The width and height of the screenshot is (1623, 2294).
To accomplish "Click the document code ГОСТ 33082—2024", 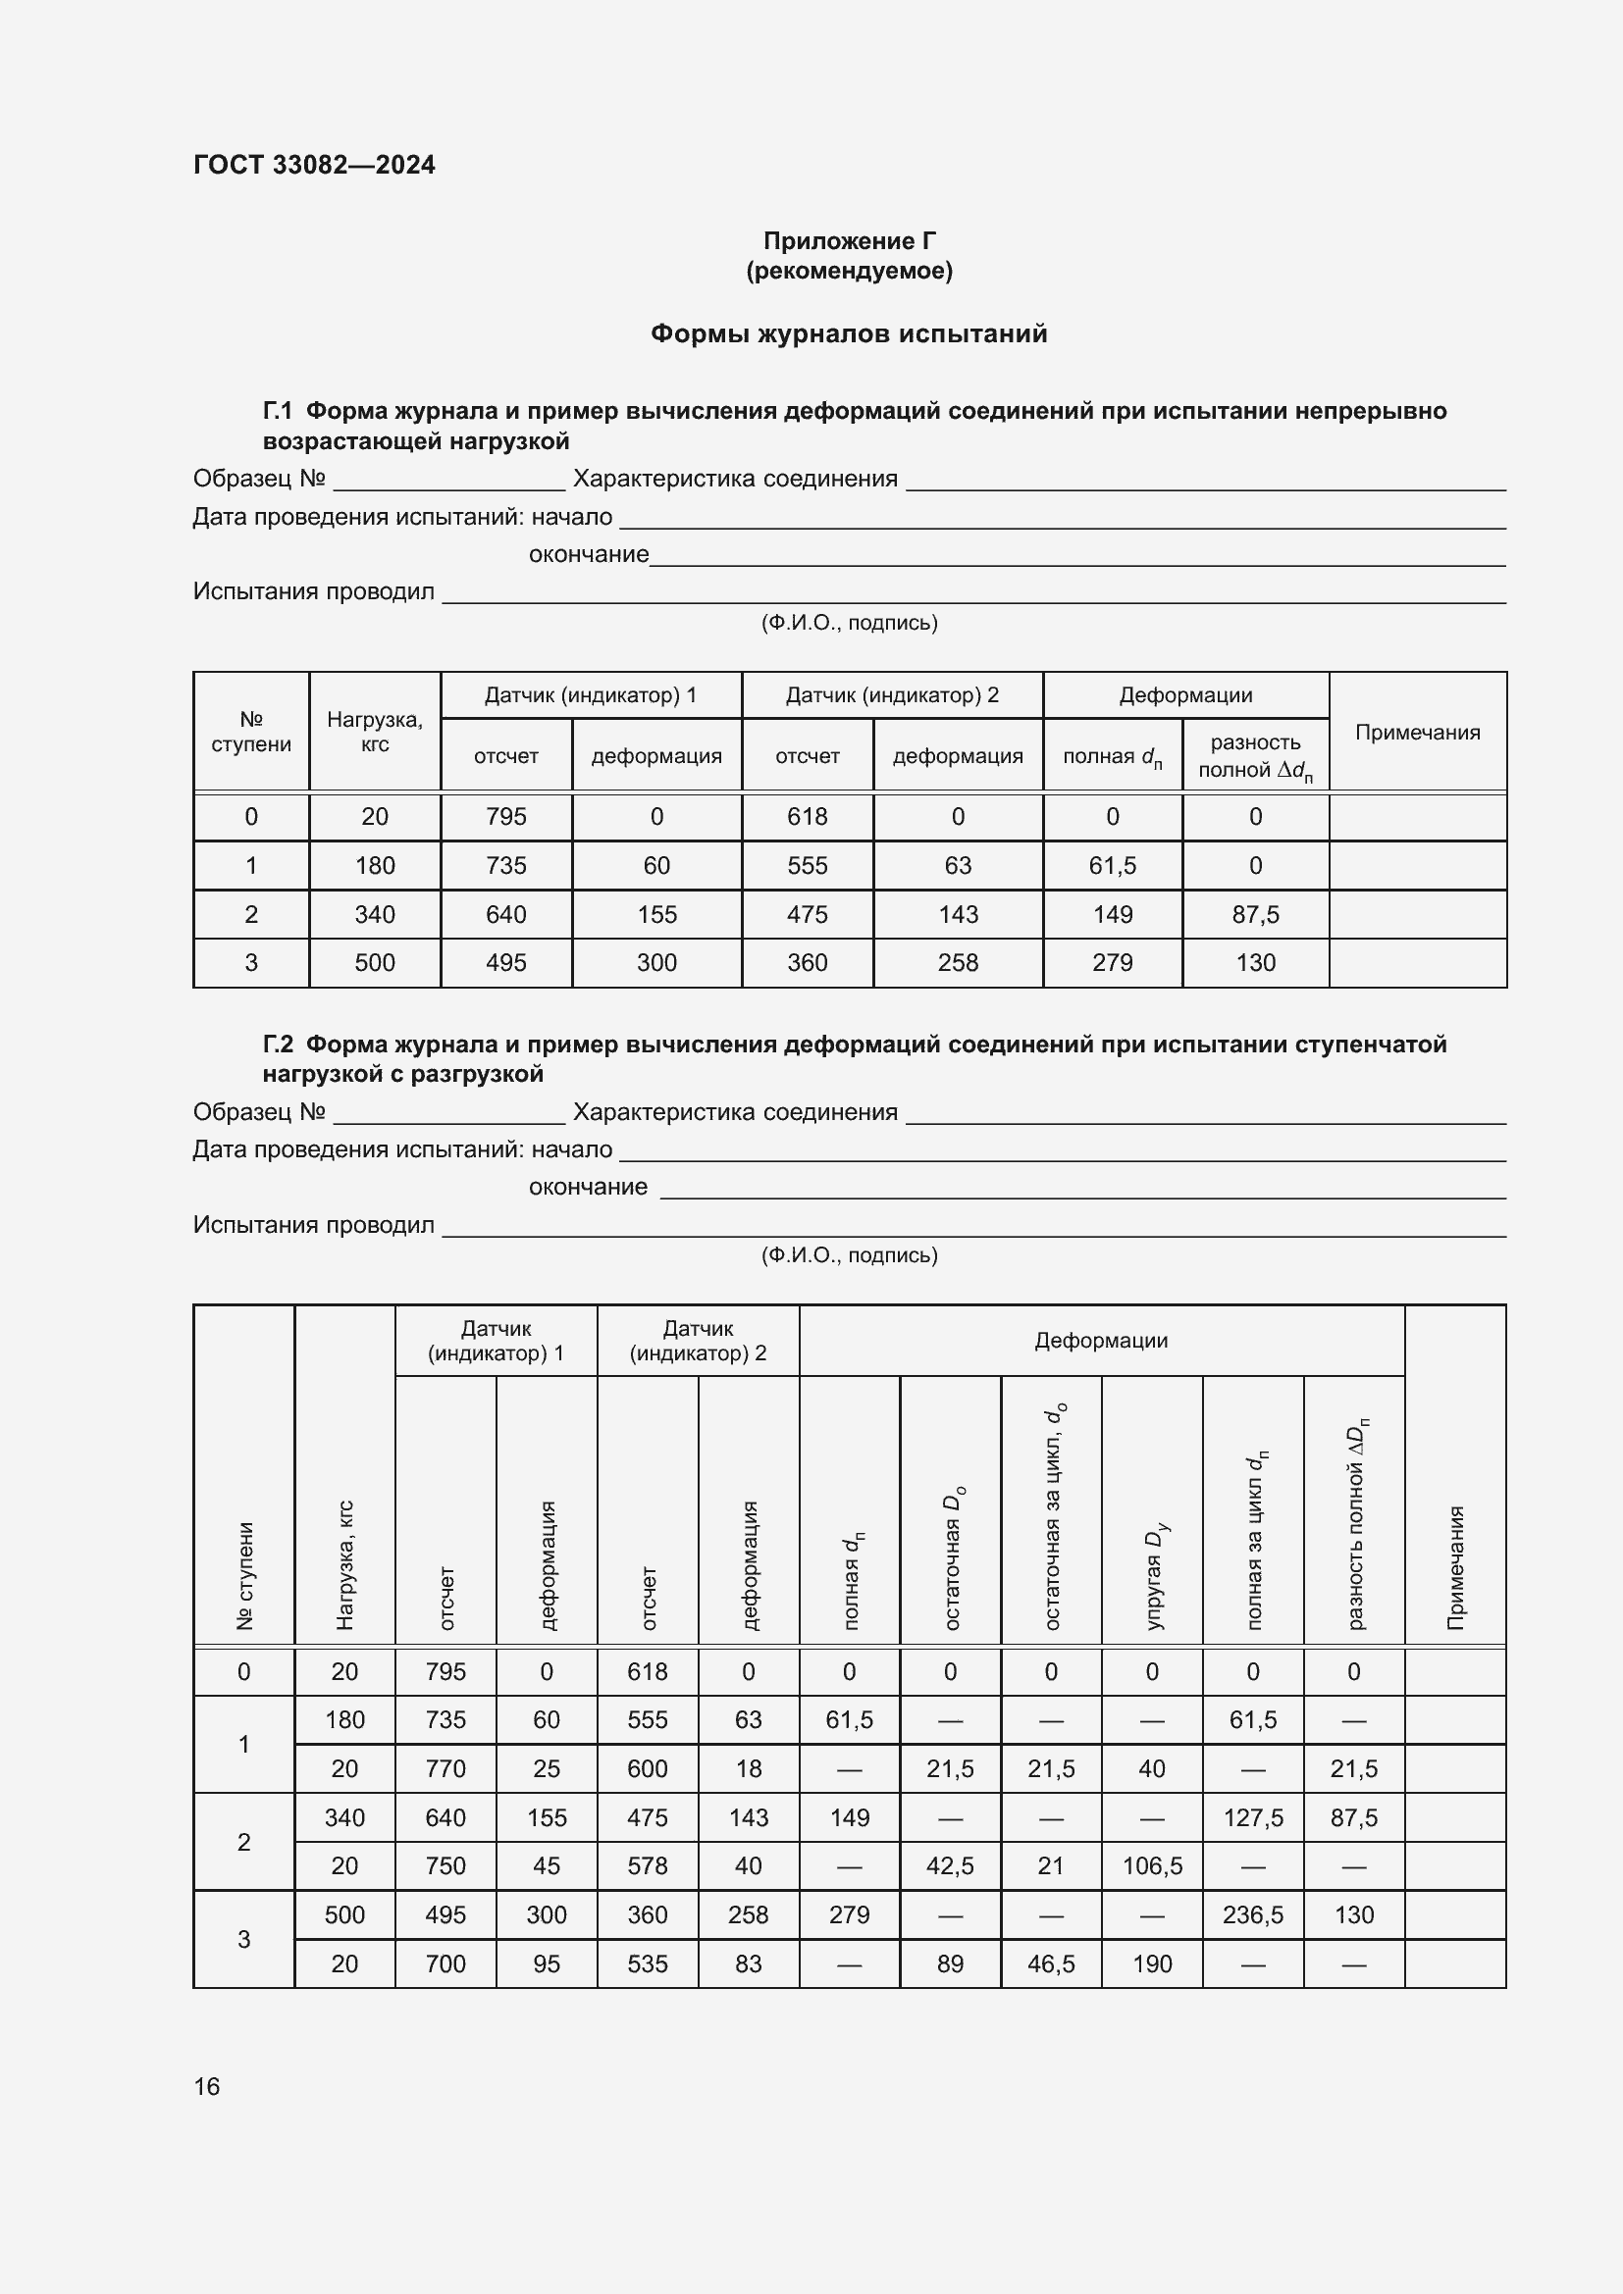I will [x=314, y=165].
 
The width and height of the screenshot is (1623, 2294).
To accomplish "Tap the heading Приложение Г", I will [x=849, y=241].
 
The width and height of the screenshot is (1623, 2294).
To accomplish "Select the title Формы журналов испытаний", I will [x=849, y=333].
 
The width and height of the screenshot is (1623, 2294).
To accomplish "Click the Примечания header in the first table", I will [x=1416, y=733].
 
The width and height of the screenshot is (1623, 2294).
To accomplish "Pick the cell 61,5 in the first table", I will [x=1112, y=865].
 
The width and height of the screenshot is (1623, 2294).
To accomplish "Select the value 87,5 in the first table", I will [x=1255, y=914].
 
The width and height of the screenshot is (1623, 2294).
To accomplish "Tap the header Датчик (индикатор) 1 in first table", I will [x=591, y=695].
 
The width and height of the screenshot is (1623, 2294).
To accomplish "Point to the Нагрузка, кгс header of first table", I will [x=375, y=732].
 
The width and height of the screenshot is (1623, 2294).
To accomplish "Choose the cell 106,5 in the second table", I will [x=1151, y=1865].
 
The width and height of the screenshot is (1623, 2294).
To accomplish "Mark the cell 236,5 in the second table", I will [x=1252, y=1914].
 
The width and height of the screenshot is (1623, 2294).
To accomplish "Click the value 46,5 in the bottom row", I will [x=1050, y=1963].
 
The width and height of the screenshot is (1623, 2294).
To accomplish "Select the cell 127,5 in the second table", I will [x=1252, y=1817].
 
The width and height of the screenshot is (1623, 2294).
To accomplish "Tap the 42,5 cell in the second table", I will [x=950, y=1865].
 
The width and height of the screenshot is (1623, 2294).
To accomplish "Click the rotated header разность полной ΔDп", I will [x=1354, y=1524].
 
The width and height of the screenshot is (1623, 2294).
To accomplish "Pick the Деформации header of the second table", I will [x=1100, y=1341].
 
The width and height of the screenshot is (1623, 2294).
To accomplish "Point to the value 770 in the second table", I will [x=445, y=1768].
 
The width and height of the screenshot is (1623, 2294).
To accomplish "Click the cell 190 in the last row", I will [x=1151, y=1963].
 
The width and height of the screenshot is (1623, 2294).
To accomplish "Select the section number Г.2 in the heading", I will [x=277, y=1045].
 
